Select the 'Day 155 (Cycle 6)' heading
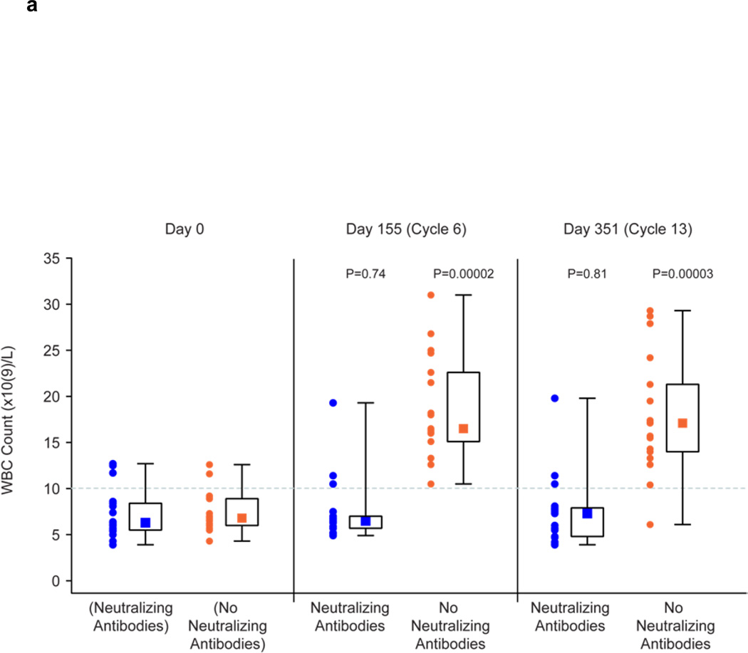[x=405, y=230]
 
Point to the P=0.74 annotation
[x=365, y=273]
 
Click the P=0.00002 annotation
[x=463, y=273]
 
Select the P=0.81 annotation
[x=587, y=273]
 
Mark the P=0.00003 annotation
[x=683, y=273]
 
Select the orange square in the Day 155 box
[x=463, y=429]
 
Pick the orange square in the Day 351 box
[x=682, y=423]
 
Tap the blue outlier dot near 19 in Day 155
[x=333, y=403]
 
